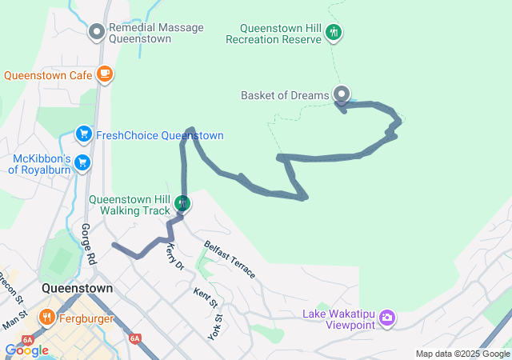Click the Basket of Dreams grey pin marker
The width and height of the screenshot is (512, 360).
click(x=342, y=94)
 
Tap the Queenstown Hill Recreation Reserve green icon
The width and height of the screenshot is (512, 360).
click(x=334, y=32)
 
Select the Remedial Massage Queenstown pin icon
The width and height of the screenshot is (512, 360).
click(x=97, y=32)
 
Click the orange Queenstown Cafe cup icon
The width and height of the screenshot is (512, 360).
click(x=104, y=74)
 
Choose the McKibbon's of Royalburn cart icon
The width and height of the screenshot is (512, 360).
click(x=82, y=162)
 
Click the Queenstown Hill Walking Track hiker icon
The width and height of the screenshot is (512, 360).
click(x=183, y=203)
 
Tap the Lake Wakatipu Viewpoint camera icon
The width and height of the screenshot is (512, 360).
click(x=387, y=318)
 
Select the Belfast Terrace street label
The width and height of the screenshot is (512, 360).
click(x=229, y=259)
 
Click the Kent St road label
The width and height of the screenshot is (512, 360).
click(x=205, y=298)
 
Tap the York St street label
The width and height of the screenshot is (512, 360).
click(x=214, y=322)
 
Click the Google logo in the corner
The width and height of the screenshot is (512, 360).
click(x=26, y=350)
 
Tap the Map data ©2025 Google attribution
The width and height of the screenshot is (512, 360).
click(x=462, y=354)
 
